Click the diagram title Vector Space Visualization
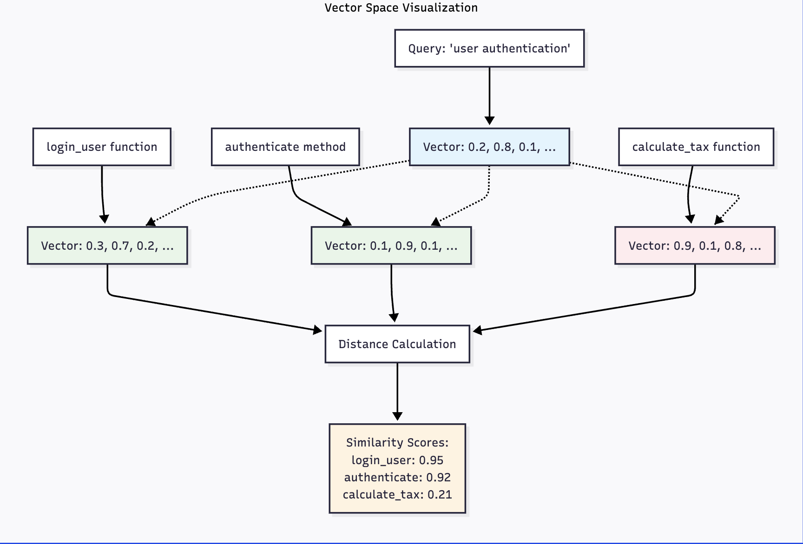[x=401, y=8]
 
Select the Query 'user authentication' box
[x=489, y=48]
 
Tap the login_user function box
[x=102, y=147]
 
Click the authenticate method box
[x=285, y=147]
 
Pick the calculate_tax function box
[x=696, y=147]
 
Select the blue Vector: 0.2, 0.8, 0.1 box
[x=489, y=147]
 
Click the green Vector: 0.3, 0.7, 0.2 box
[x=107, y=246]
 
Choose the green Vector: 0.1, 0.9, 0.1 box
[x=391, y=246]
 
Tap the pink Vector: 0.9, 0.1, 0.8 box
[x=695, y=246]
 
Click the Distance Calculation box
[x=397, y=344]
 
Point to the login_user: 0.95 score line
[x=397, y=460]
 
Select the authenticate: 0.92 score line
[x=397, y=477]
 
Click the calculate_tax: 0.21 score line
[x=397, y=494]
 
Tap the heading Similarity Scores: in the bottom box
[x=397, y=442]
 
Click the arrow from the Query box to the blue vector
[x=489, y=95]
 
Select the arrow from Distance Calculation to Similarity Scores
[x=397, y=390]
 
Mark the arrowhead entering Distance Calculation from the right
[x=477, y=330]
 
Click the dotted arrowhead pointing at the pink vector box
[x=718, y=220]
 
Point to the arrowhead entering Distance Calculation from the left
[x=318, y=330]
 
